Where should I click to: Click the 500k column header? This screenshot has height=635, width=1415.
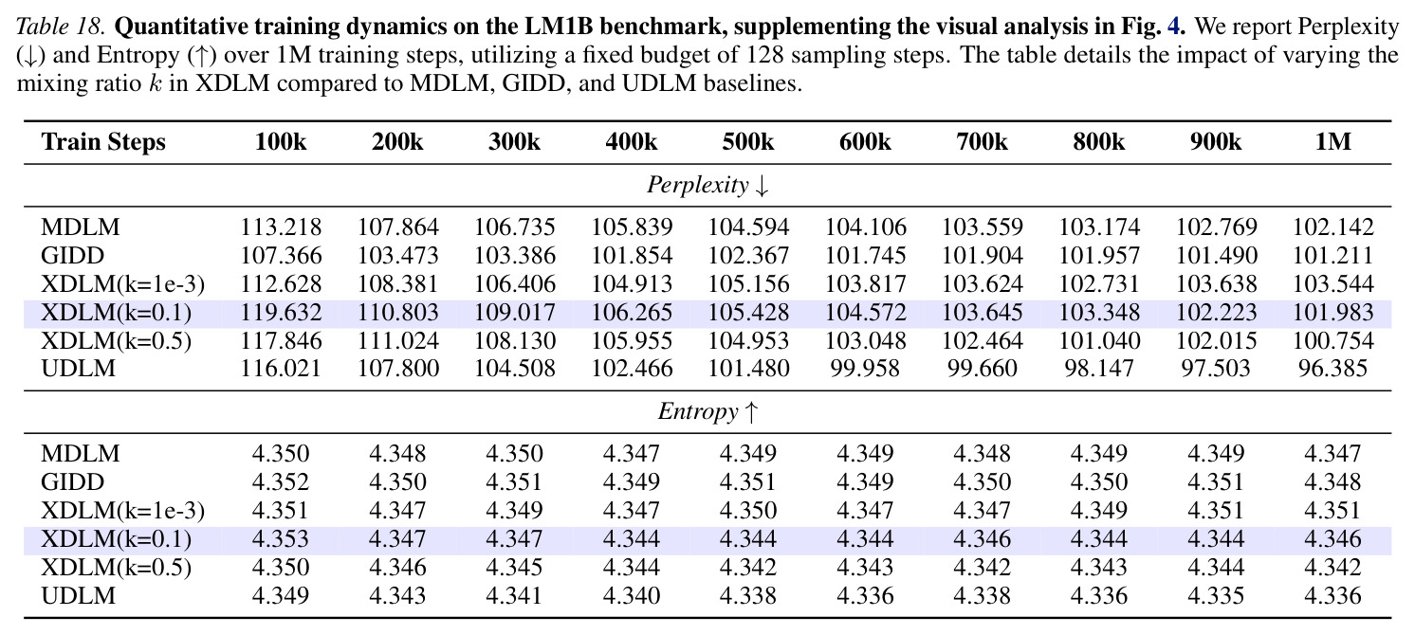(748, 142)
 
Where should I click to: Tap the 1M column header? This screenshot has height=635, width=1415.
(1332, 142)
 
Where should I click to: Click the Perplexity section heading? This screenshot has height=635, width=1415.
(707, 185)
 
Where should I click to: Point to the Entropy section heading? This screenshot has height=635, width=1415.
(707, 412)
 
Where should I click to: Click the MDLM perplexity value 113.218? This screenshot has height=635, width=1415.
(281, 227)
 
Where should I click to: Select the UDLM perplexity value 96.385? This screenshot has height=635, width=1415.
(1332, 369)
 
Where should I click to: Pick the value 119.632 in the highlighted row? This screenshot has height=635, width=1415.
(281, 313)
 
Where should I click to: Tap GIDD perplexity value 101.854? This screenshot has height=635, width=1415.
(632, 256)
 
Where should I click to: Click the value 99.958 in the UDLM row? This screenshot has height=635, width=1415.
(865, 369)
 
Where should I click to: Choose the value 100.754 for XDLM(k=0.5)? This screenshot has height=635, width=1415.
(1332, 341)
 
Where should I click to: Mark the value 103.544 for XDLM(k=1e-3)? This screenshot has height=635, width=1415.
(1332, 284)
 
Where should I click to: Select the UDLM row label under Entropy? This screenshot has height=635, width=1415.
(79, 596)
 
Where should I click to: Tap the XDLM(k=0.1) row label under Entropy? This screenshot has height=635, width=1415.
(117, 539)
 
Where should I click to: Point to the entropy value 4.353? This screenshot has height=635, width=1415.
(281, 539)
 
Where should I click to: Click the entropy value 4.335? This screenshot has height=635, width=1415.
(1216, 596)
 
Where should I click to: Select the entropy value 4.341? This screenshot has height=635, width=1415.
(514, 596)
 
